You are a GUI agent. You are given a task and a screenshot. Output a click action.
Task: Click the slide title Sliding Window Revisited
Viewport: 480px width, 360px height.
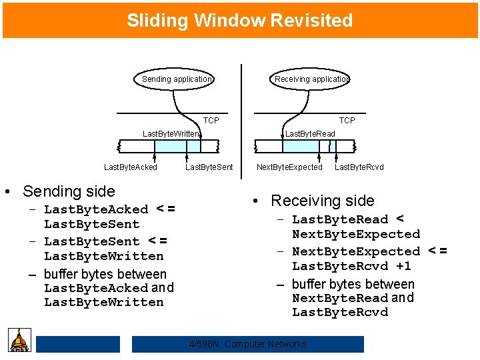[x=240, y=21]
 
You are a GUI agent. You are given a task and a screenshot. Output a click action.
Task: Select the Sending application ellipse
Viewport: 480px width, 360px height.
[x=177, y=79]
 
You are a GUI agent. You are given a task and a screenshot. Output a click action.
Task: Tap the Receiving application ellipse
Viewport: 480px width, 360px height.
[x=311, y=79]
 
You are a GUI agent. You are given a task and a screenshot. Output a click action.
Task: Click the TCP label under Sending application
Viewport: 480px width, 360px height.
[x=211, y=121]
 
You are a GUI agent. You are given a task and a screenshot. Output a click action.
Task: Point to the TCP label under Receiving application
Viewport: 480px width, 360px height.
[x=347, y=121]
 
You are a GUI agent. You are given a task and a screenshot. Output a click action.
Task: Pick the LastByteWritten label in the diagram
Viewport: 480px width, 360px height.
[x=171, y=134]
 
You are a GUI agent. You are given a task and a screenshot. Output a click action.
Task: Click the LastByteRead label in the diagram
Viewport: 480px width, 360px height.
[x=310, y=134]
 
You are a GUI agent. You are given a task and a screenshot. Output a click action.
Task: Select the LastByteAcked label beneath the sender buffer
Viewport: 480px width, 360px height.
[x=131, y=167]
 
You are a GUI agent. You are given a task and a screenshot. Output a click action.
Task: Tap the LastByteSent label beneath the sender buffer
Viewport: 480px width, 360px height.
[x=209, y=167]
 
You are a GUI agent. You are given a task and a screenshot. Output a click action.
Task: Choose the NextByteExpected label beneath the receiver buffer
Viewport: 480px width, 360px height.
[x=289, y=167]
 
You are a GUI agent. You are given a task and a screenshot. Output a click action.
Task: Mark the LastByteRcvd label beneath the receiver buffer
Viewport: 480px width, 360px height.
[x=359, y=167]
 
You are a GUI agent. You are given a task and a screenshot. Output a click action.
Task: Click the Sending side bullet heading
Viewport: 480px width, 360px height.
[x=69, y=191]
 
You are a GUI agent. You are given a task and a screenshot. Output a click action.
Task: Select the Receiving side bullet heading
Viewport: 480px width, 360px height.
[x=323, y=201]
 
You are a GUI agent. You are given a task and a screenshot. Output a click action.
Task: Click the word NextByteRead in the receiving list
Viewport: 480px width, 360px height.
[x=340, y=299]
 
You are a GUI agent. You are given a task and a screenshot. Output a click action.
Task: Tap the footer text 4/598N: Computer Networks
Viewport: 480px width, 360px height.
[x=248, y=344]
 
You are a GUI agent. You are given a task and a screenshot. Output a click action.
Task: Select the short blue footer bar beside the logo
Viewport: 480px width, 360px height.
[x=78, y=344]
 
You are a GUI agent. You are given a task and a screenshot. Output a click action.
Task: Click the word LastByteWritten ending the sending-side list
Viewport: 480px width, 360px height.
[x=103, y=303]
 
